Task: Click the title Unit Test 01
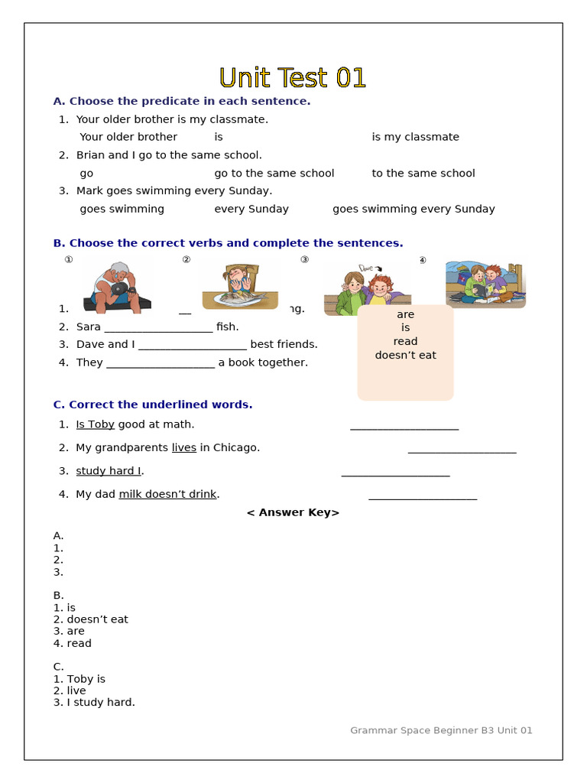pyautogui.click(x=293, y=78)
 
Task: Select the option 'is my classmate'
pyautogui.click(x=415, y=137)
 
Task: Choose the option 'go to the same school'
pyautogui.click(x=274, y=173)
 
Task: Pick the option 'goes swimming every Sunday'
pyautogui.click(x=413, y=209)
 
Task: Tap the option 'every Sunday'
pyautogui.click(x=251, y=209)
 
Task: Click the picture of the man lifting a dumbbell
pyautogui.click(x=116, y=286)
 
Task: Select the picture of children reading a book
pyautogui.click(x=485, y=284)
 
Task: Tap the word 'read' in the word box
pyautogui.click(x=405, y=342)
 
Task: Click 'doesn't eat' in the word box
pyautogui.click(x=405, y=356)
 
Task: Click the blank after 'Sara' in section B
pyautogui.click(x=158, y=327)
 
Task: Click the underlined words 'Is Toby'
pyautogui.click(x=95, y=424)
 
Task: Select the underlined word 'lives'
pyautogui.click(x=183, y=447)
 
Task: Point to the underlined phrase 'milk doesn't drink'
pyautogui.click(x=167, y=494)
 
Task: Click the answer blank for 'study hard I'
pyautogui.click(x=395, y=472)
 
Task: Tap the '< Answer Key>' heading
pyautogui.click(x=293, y=512)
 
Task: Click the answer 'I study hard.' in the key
pyautogui.click(x=100, y=702)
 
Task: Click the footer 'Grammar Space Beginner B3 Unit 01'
pyautogui.click(x=441, y=730)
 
